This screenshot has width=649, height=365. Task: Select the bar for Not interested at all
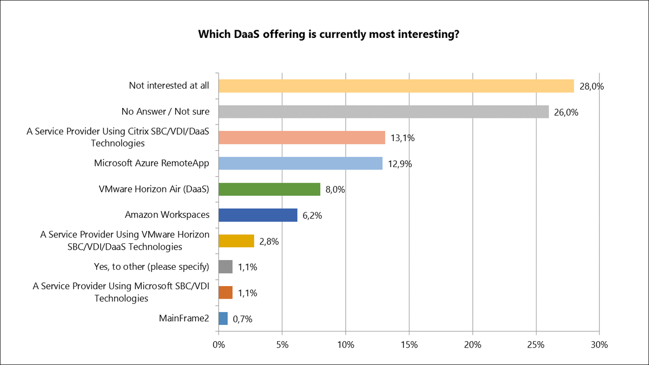[396, 86]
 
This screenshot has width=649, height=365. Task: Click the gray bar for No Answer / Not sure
[383, 112]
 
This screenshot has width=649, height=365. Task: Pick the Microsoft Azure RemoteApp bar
[300, 163]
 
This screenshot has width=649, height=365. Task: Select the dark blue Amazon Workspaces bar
[258, 215]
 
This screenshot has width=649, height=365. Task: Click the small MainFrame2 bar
[223, 318]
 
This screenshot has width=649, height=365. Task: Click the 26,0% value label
[564, 112]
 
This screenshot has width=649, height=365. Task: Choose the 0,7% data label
[243, 319]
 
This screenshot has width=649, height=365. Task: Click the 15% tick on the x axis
[409, 344]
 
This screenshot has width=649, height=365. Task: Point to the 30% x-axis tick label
[599, 344]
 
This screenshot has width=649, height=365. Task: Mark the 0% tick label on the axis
[218, 344]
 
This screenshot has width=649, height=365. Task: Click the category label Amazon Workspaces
[167, 215]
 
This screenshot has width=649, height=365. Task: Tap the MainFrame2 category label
[183, 318]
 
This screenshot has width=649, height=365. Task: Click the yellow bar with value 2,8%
[236, 241]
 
